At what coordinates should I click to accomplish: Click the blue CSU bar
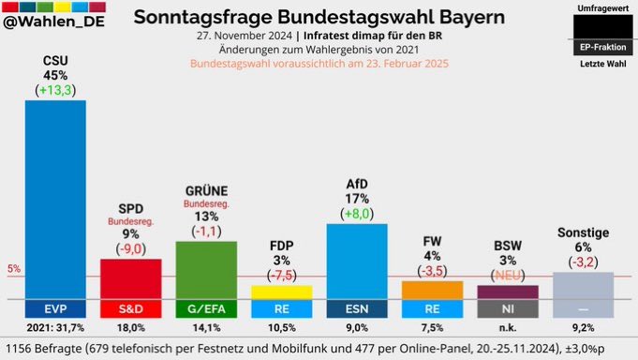coord(55,197)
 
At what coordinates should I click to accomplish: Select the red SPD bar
coord(130,278)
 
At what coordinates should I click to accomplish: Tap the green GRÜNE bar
coord(206,269)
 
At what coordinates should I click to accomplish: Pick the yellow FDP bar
coord(281,292)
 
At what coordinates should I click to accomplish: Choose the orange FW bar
coord(432,290)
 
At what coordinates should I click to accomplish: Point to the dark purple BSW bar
coord(508,292)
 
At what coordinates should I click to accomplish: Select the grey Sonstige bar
coord(583,286)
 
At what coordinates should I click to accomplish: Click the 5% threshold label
coord(12,269)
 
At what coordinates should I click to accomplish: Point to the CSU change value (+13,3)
coord(55,90)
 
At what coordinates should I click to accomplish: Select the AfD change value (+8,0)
coord(357,214)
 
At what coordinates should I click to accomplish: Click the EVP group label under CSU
coord(55,307)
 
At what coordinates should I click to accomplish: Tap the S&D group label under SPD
coord(130,307)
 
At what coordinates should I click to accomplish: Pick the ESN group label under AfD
coord(357,307)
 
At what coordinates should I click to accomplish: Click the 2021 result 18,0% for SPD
coord(130,327)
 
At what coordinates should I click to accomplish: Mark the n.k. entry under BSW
coord(508,327)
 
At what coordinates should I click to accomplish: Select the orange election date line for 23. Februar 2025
coord(319,64)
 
